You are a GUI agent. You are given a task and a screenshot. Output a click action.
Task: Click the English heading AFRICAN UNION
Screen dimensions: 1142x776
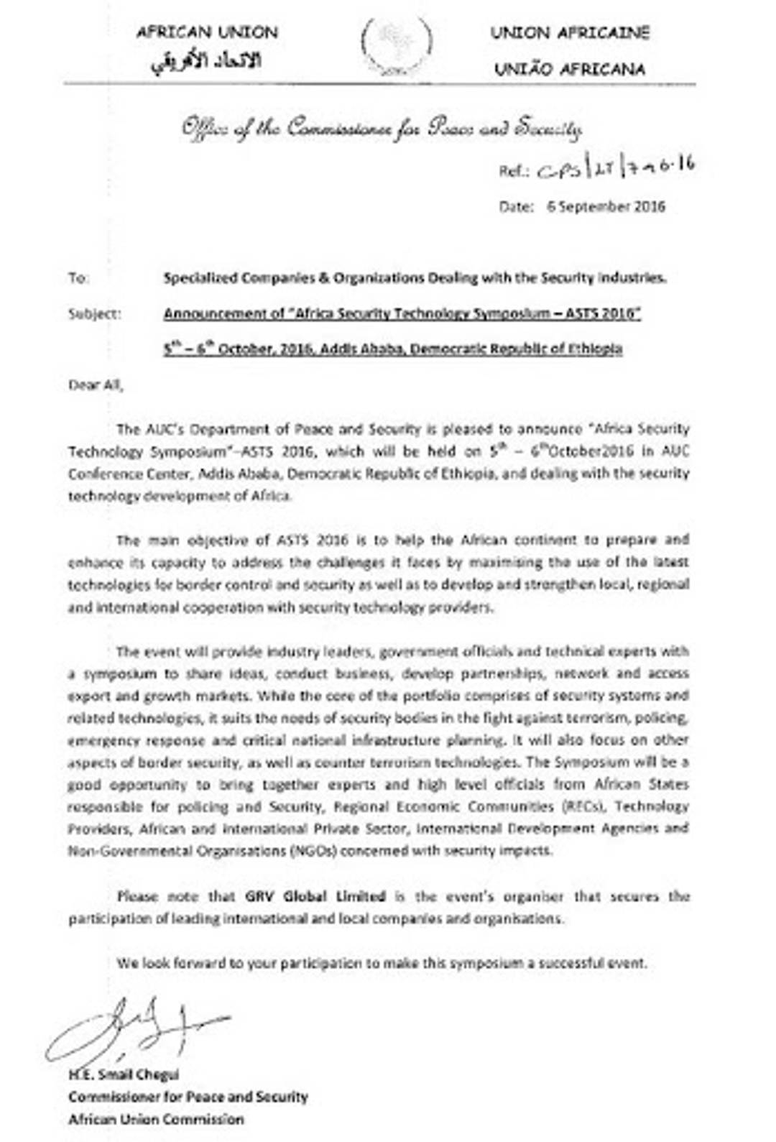(207, 32)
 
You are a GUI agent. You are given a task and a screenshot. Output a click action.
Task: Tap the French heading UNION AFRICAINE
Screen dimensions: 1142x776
(570, 33)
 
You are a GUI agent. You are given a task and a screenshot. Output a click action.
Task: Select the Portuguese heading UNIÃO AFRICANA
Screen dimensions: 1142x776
(570, 70)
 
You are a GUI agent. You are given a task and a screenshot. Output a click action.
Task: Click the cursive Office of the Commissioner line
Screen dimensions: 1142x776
(382, 129)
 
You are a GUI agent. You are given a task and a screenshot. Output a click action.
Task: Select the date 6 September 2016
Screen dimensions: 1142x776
(606, 207)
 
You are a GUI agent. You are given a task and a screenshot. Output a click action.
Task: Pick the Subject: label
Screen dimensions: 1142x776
(95, 314)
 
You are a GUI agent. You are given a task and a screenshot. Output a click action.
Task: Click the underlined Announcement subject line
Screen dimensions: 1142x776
(402, 314)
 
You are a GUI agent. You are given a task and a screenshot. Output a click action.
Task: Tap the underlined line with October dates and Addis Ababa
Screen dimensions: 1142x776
(392, 349)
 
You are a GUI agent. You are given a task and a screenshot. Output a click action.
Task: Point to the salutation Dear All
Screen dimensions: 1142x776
(96, 385)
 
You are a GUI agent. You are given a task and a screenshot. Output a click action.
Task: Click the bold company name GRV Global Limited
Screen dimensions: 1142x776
(315, 897)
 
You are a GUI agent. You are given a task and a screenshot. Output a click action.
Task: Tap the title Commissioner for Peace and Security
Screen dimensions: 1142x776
(188, 1097)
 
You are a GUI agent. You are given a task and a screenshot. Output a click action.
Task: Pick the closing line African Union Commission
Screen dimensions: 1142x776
(156, 1120)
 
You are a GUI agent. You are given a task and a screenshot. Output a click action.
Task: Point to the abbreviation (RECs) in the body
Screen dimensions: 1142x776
(583, 806)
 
